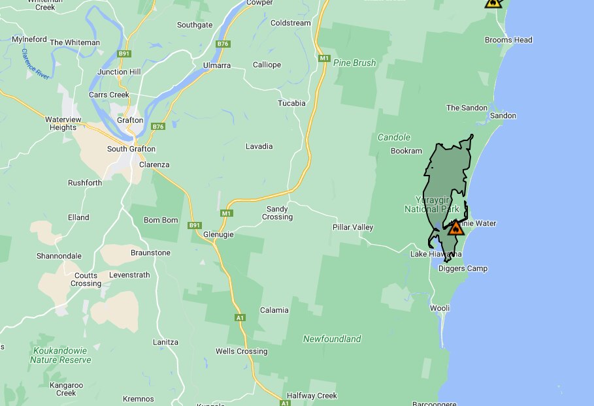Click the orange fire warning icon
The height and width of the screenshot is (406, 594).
[456, 228]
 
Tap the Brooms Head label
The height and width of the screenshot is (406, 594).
[508, 40]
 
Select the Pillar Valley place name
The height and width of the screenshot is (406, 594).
[353, 227]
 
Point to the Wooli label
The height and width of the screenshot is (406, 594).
[440, 307]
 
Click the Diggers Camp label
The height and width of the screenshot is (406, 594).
[463, 268]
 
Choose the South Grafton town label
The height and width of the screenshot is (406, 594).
[131, 149]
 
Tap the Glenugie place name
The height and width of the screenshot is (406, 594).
[218, 234]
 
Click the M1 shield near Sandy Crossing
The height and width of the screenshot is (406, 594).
[226, 213]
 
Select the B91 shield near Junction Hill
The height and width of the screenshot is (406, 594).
[124, 54]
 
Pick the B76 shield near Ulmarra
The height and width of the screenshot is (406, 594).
[223, 44]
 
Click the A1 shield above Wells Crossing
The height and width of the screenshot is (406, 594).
[240, 318]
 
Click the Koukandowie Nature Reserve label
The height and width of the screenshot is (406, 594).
[61, 355]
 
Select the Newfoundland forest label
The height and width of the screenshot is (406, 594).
[332, 339]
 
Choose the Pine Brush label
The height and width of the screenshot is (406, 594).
[355, 63]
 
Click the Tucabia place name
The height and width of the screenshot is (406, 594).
[291, 103]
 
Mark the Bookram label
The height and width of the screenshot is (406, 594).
[406, 151]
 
